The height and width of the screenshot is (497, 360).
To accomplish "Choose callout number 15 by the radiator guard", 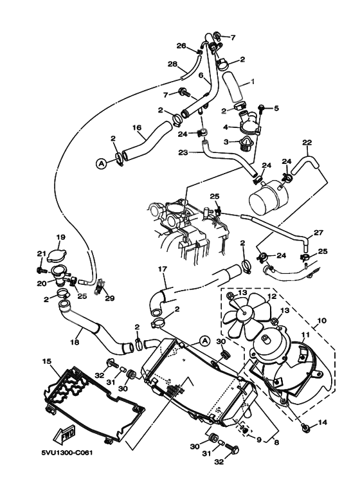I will click(46, 363).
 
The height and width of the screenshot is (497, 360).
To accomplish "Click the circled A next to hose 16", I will click(101, 164).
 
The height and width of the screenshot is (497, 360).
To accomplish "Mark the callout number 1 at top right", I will click(253, 82).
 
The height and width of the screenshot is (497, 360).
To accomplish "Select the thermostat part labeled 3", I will click(244, 146).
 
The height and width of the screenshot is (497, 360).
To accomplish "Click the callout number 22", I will click(307, 143).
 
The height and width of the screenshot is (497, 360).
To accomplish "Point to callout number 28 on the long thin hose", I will click(172, 64).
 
